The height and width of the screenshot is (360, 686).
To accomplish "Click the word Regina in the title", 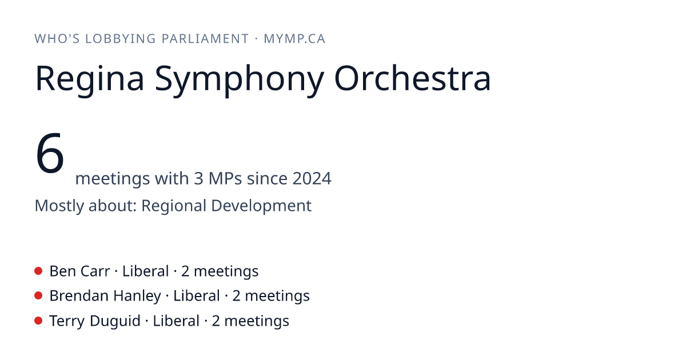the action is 89,79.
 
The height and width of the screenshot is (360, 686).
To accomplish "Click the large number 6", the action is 50,153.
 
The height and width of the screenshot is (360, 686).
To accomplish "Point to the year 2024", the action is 312,178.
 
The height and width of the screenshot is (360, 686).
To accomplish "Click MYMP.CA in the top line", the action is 294,39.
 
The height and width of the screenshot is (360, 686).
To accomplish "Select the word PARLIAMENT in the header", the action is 205,39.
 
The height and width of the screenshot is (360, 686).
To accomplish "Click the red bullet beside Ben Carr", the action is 38,271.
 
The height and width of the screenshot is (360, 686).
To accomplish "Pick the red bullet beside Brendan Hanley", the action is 38,296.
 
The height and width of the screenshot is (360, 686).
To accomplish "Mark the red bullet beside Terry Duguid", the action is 38,321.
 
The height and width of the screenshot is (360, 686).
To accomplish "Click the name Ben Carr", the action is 79,271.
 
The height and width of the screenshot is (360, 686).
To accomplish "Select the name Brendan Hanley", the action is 105,296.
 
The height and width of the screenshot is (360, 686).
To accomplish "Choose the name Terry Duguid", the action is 95,321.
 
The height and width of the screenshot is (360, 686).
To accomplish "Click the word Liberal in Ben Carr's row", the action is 145,271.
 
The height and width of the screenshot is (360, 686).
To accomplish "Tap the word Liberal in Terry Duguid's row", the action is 176,321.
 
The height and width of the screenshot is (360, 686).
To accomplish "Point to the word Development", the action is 261,206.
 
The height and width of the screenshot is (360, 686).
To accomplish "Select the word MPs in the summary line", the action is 225,178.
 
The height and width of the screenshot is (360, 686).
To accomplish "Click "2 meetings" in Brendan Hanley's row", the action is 271,297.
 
